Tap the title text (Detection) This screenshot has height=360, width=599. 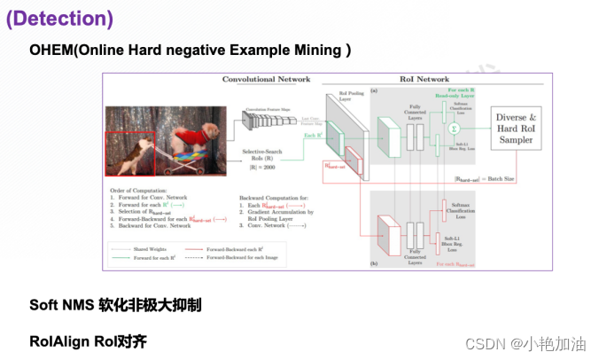(60, 17)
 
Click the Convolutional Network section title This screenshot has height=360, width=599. (265, 80)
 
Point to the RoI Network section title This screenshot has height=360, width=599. (425, 80)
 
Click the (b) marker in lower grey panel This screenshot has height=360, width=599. (377, 263)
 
